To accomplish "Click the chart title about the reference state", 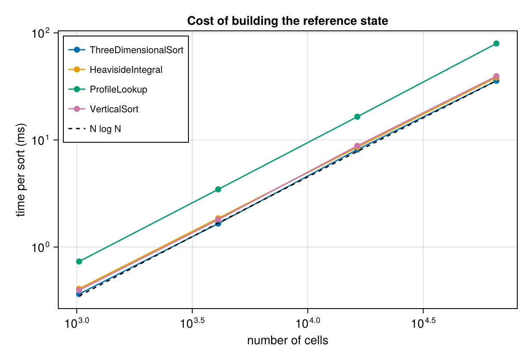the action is (287, 21).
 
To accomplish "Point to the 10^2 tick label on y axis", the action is (41, 33).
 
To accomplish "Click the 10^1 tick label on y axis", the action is (41, 140).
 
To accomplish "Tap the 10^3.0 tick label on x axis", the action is (77, 323).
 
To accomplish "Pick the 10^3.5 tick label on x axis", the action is (192, 323).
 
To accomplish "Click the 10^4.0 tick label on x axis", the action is (308, 323).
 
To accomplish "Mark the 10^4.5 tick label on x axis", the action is (424, 323).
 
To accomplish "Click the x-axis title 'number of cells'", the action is (287, 341).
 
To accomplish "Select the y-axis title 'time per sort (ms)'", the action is (21, 170).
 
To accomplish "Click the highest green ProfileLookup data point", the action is (496, 43).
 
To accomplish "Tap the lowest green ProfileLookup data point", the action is (79, 261).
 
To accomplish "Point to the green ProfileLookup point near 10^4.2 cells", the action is (357, 117).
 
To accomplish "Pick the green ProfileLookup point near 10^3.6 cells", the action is (218, 189).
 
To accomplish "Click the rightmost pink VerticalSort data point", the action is (496, 76).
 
